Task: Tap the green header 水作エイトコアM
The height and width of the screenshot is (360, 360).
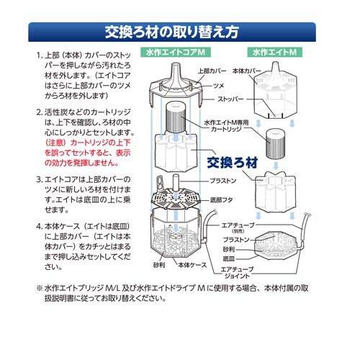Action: coord(178,53)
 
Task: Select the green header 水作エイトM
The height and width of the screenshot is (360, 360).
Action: coord(274,53)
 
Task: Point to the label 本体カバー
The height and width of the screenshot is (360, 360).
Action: coord(248,72)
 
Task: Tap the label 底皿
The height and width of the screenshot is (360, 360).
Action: coord(228,256)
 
